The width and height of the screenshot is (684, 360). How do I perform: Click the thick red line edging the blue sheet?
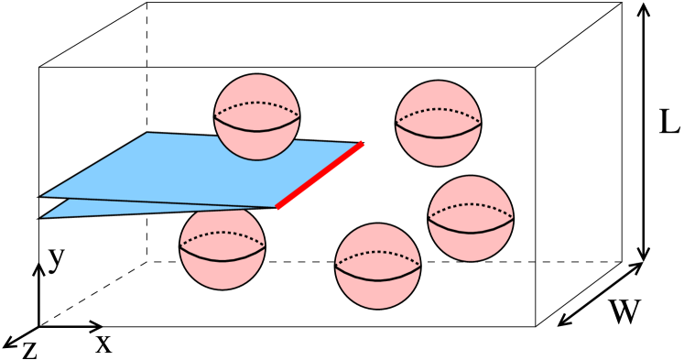320,175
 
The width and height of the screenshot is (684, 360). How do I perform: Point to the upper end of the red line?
362,144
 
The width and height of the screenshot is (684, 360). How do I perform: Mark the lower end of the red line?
278,207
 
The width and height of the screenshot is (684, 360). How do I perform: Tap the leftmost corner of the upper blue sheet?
44,195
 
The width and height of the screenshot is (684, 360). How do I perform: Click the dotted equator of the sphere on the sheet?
257,103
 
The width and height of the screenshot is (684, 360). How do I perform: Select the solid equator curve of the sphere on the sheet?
257,130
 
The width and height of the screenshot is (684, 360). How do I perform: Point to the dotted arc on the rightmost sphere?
471,204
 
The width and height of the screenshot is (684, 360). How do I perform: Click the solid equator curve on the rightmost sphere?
471,232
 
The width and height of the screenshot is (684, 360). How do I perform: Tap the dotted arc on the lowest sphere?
377,252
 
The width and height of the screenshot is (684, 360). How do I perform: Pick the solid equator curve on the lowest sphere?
377,279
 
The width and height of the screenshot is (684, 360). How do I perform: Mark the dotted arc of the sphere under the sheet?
223,233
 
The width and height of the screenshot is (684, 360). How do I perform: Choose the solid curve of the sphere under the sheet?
223,260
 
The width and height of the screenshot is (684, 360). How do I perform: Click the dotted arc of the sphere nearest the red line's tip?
438,109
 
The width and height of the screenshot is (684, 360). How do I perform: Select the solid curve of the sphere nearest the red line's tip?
438,136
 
